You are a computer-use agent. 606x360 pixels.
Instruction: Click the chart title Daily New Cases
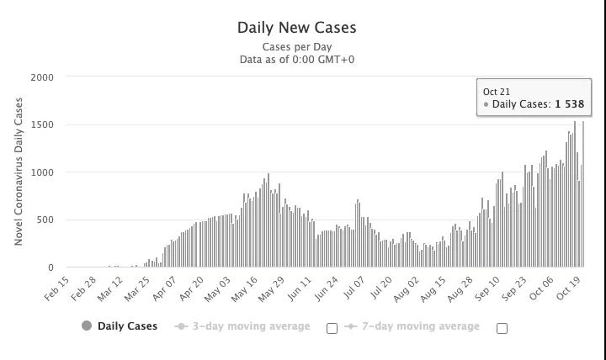click(x=297, y=28)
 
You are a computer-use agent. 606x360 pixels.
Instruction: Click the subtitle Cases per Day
click(x=297, y=47)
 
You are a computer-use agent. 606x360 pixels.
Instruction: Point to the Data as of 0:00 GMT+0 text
click(x=297, y=60)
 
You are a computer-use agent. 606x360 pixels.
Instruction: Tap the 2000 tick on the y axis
click(x=42, y=77)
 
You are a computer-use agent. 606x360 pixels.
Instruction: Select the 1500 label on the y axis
click(x=42, y=125)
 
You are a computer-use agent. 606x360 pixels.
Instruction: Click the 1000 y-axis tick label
click(x=42, y=172)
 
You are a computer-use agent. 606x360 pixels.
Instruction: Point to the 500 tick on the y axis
click(x=45, y=220)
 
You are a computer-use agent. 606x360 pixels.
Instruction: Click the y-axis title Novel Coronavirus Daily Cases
click(x=19, y=172)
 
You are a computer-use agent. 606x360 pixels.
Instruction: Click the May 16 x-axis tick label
click(x=244, y=289)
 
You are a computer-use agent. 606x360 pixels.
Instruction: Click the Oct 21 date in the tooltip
click(x=497, y=92)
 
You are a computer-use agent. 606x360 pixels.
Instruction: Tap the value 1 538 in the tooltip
click(x=569, y=105)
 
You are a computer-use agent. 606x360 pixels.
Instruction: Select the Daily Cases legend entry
click(x=127, y=326)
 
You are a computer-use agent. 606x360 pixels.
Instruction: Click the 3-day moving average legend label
click(x=251, y=326)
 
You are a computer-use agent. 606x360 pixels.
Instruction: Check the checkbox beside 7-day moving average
click(x=502, y=328)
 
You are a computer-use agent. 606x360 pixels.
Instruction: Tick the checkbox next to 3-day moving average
click(x=332, y=328)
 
